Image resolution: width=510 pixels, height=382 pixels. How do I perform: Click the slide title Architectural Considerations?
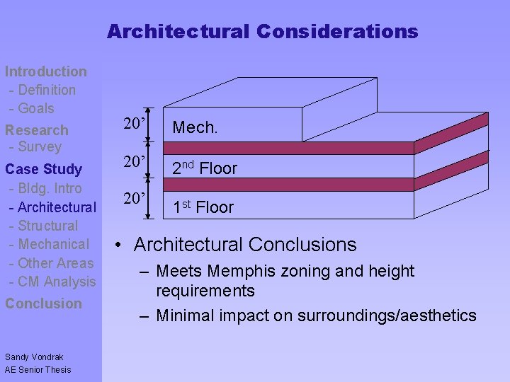click(x=262, y=32)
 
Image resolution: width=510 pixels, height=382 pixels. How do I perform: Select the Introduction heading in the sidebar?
click(x=46, y=71)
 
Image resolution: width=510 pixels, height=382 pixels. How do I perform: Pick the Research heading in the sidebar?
click(x=37, y=130)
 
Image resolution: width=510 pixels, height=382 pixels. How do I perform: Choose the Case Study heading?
click(x=44, y=170)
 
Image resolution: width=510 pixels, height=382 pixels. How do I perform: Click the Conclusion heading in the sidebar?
click(x=44, y=303)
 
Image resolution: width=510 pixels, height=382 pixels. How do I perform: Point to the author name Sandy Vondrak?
click(x=34, y=357)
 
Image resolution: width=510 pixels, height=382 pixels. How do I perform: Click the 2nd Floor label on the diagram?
click(x=205, y=168)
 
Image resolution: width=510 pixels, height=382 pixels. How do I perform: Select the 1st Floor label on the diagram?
click(x=203, y=207)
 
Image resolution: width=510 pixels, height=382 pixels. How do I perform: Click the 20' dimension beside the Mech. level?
click(x=135, y=125)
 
